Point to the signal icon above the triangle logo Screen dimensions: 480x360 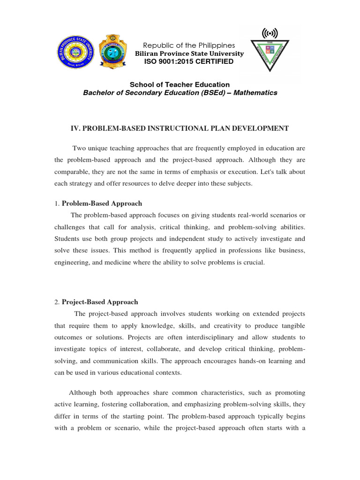(270, 33)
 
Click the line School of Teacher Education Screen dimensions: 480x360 (180, 85)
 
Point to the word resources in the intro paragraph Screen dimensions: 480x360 (132, 184)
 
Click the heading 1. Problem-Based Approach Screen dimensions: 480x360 (98, 203)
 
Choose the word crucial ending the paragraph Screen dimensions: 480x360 (255, 263)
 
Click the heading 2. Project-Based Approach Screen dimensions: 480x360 (96, 302)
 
